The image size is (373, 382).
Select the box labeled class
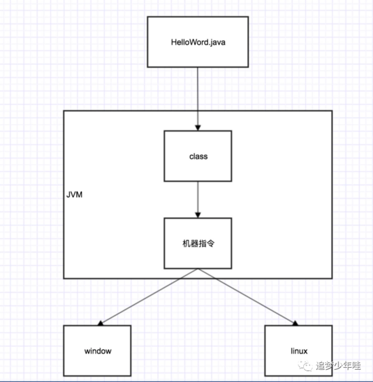[x=198, y=157]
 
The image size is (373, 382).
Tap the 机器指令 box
[x=198, y=243]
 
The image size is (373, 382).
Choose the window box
[x=98, y=351]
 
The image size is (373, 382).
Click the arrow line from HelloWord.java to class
[x=198, y=95]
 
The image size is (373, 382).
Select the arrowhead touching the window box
[x=102, y=322]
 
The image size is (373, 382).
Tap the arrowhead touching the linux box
[x=293, y=323]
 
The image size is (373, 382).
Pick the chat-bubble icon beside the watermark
[x=308, y=366]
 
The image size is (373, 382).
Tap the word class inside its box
[x=198, y=157]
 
